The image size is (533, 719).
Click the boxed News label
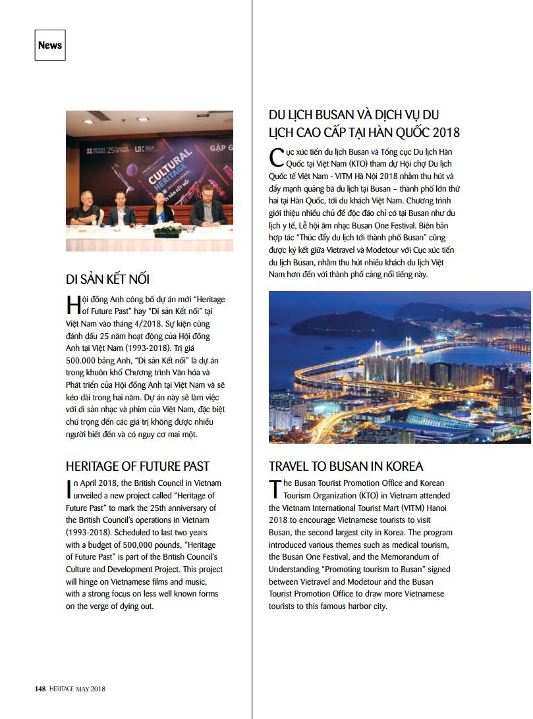tap(50, 45)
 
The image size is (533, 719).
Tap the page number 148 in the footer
tap(40, 689)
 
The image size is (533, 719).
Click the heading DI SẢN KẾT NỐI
tap(112, 279)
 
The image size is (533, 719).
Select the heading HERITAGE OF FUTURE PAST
tap(138, 466)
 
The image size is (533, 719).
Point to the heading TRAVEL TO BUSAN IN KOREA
tap(346, 466)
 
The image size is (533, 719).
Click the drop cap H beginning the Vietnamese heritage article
tap(73, 304)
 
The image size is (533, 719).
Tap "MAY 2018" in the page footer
tap(89, 689)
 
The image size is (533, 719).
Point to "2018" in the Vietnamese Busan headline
tap(443, 132)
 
